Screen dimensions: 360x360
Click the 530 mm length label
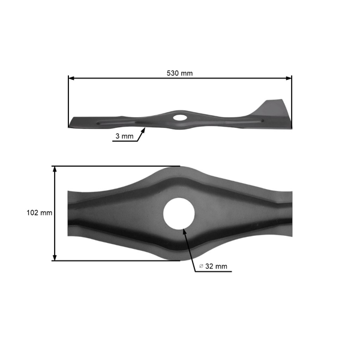(x=180, y=73)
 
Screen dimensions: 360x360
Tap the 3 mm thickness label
(x=124, y=136)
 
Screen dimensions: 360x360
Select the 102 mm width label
(x=40, y=212)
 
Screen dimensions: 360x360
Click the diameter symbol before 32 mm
(x=200, y=266)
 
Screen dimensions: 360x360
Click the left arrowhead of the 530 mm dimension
(x=71, y=78)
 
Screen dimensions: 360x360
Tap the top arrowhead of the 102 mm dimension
(x=55, y=170)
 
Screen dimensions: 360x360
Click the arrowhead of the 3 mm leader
(x=145, y=128)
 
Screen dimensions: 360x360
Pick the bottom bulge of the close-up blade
(x=179, y=254)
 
